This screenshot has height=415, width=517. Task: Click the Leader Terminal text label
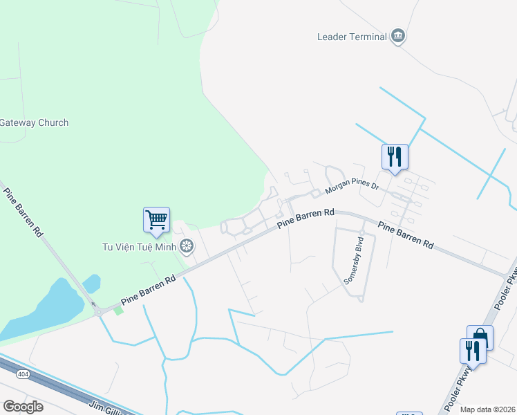(x=351, y=37)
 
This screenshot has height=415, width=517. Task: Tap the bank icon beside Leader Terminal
(x=397, y=36)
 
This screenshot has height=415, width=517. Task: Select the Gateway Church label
(x=34, y=123)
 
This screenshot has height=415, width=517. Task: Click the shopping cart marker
(x=157, y=220)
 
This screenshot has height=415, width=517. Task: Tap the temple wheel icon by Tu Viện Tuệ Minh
(x=186, y=246)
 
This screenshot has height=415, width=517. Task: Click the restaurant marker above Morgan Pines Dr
(x=395, y=156)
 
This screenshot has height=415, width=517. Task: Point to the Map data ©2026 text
(x=488, y=409)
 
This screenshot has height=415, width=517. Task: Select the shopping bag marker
(x=480, y=338)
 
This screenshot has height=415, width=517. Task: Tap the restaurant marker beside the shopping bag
(x=472, y=350)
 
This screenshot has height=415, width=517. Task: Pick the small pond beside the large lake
(x=91, y=284)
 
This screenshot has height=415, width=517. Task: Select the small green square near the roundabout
(x=118, y=311)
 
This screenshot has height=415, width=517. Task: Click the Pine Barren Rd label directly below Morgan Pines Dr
(x=305, y=220)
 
